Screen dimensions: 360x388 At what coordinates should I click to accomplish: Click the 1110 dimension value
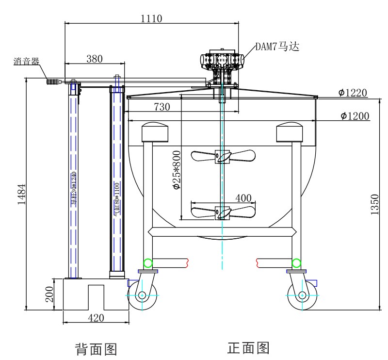coord(151,18)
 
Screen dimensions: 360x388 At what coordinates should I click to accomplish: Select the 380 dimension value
coord(94,58)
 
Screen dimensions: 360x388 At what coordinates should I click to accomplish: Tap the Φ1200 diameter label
coord(354,115)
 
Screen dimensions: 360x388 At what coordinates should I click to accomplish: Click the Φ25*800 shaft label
coord(178,170)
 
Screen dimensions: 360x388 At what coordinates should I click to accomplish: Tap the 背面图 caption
coord(96,348)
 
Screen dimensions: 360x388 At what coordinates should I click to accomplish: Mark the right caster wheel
coord(302,295)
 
